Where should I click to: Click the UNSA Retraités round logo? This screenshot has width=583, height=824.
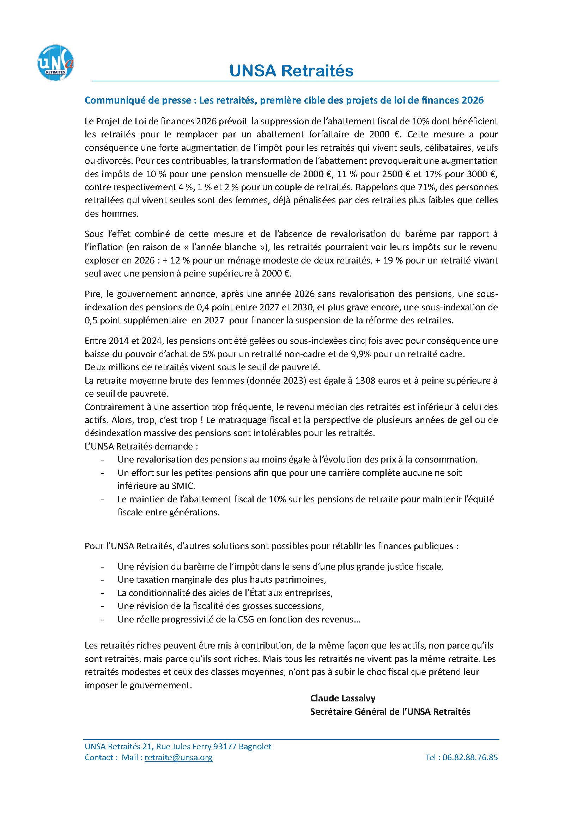click(56, 62)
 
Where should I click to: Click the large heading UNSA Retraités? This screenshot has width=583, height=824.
click(291, 71)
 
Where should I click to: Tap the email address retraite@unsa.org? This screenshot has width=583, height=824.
click(178, 758)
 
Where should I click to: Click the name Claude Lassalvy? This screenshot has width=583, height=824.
click(343, 698)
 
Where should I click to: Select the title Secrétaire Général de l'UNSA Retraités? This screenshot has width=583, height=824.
click(390, 711)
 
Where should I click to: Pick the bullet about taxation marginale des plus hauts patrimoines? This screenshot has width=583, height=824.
click(221, 580)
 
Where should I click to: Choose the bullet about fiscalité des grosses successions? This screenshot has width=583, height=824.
click(220, 606)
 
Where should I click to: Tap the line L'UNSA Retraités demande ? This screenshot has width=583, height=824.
click(141, 446)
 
